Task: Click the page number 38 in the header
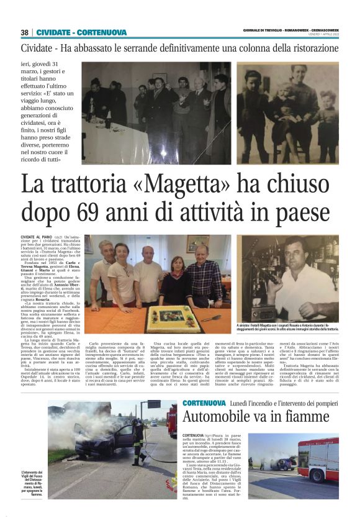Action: pos(24,33)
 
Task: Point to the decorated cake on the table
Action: pos(173,317)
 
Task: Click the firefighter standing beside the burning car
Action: pos(138,440)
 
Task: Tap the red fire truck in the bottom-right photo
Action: pos(318,458)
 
